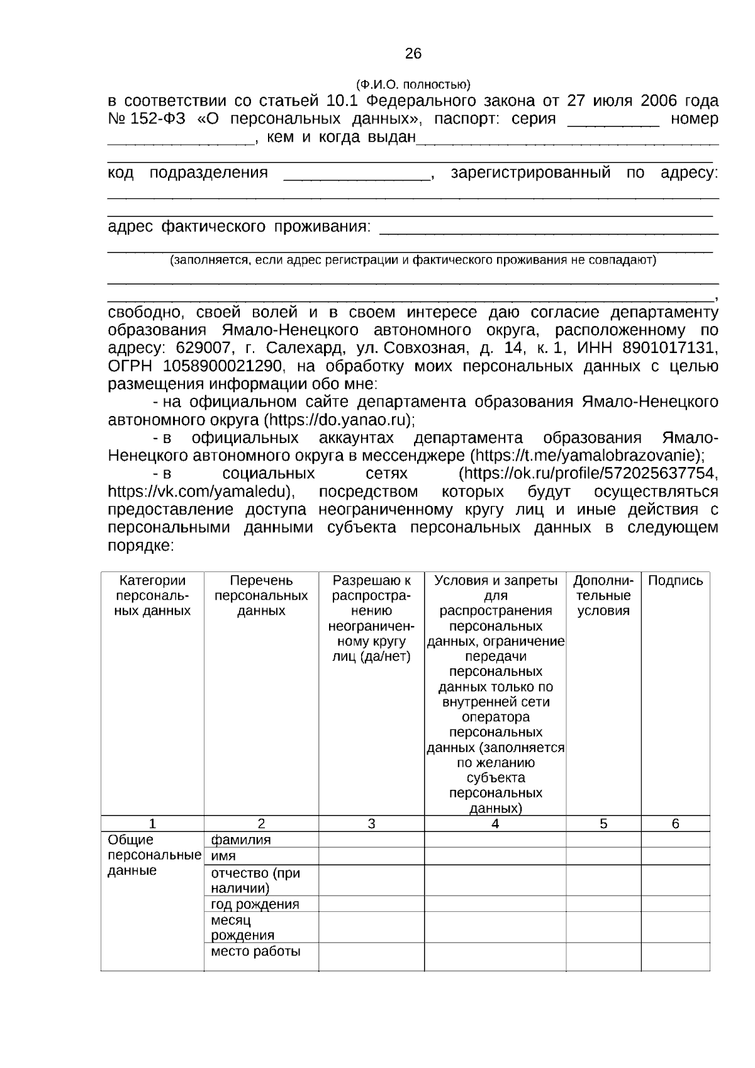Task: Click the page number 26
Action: [x=413, y=54]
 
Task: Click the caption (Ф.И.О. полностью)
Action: [x=413, y=84]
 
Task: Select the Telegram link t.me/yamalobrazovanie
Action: [x=585, y=455]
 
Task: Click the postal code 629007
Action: [x=203, y=348]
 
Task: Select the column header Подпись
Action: [x=675, y=581]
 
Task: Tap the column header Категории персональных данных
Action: [x=152, y=595]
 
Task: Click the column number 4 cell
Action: [x=495, y=823]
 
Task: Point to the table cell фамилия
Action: [x=241, y=840]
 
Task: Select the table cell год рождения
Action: [x=255, y=904]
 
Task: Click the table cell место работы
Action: [x=255, y=951]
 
